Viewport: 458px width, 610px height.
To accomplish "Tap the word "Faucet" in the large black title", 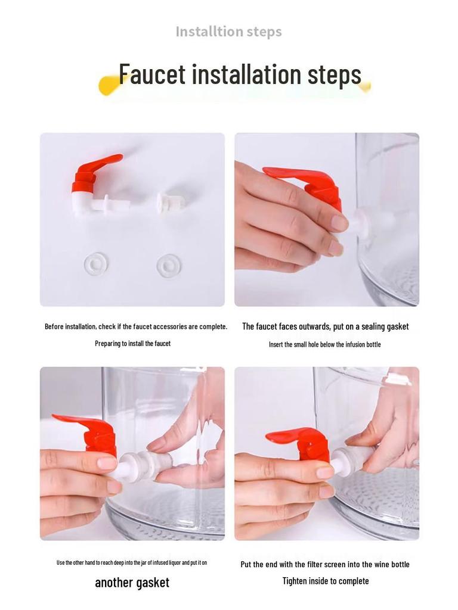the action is pyautogui.click(x=152, y=74).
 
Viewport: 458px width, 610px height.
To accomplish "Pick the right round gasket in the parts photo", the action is pyautogui.click(x=169, y=266).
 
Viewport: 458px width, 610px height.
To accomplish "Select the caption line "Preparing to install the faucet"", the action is pyautogui.click(x=133, y=344).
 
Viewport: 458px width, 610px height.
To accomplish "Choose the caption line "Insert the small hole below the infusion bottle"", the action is pyautogui.click(x=325, y=345).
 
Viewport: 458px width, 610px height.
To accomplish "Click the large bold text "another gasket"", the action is pyautogui.click(x=132, y=583).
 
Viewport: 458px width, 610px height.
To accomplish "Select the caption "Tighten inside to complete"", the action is pyautogui.click(x=326, y=581).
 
